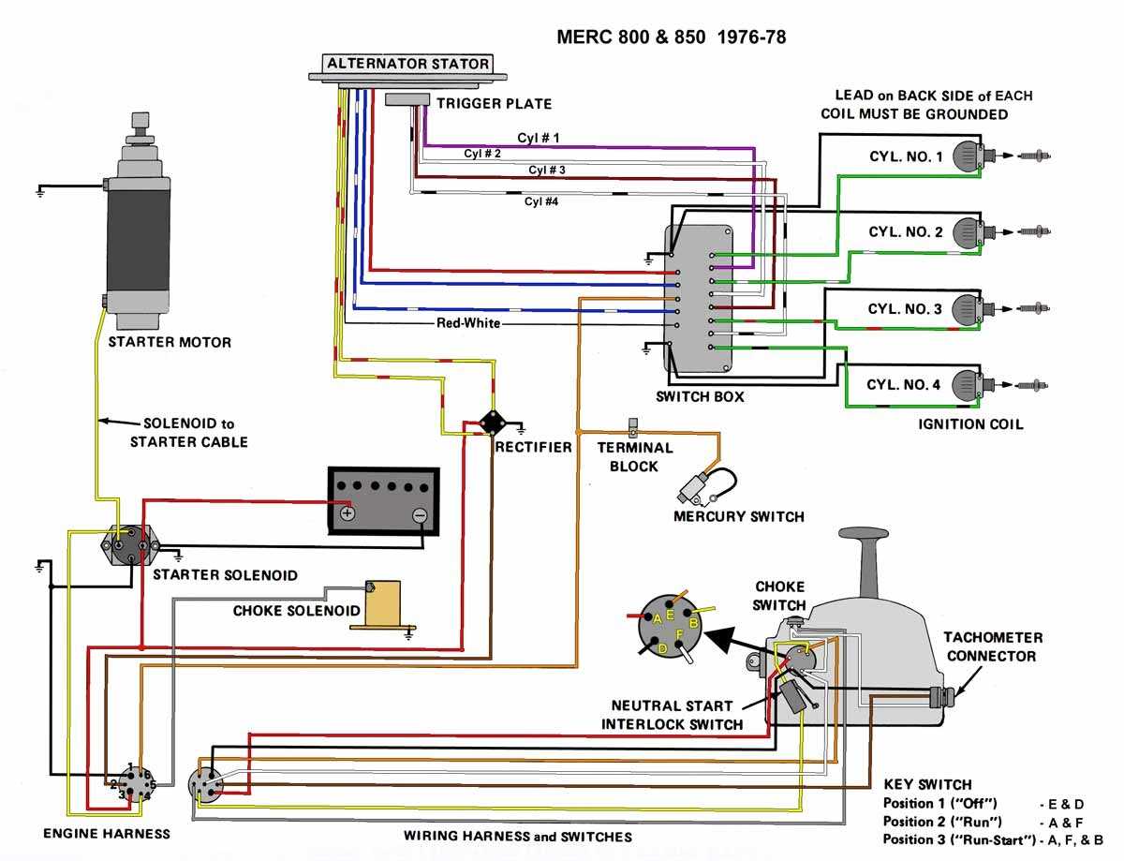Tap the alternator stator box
pyautogui.click(x=407, y=65)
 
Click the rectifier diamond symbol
pyautogui.click(x=489, y=423)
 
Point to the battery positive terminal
pyautogui.click(x=348, y=513)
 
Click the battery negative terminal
pyautogui.click(x=420, y=514)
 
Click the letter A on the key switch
pyautogui.click(x=658, y=619)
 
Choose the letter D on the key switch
pyautogui.click(x=663, y=648)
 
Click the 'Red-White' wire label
pyautogui.click(x=468, y=323)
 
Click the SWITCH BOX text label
pyautogui.click(x=700, y=396)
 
